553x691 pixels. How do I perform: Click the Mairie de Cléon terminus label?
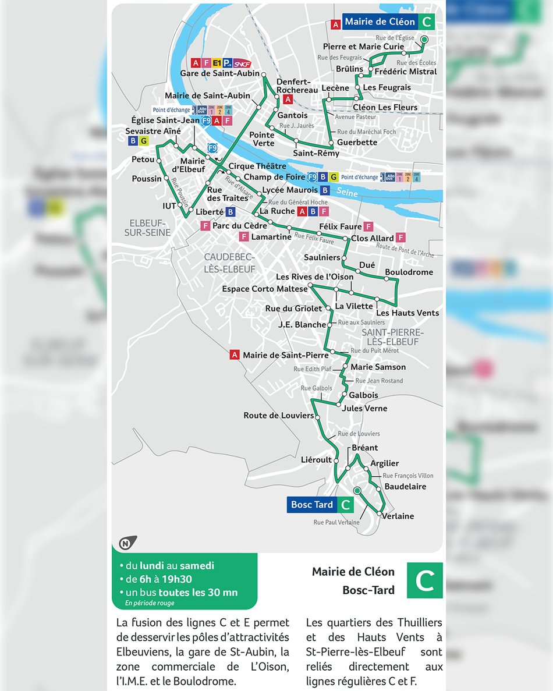click(380, 22)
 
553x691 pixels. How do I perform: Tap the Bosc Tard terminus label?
click(312, 505)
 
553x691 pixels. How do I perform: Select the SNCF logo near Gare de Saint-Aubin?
click(243, 63)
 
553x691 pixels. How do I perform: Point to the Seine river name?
click(347, 192)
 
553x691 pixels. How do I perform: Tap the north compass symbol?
click(126, 543)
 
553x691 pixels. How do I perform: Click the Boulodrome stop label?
click(409, 272)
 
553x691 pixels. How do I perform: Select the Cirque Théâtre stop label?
click(257, 166)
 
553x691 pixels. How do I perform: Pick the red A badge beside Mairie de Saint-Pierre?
click(235, 355)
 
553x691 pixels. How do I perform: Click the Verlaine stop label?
click(398, 516)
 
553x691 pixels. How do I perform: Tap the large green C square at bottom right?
click(424, 580)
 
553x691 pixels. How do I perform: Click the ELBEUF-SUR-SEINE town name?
click(147, 228)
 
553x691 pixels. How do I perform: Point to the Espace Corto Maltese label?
click(265, 289)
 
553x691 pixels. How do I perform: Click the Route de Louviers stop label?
click(278, 415)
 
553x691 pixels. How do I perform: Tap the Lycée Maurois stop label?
click(290, 190)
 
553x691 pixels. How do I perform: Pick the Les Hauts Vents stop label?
click(407, 313)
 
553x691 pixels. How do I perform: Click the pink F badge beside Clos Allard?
click(400, 238)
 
